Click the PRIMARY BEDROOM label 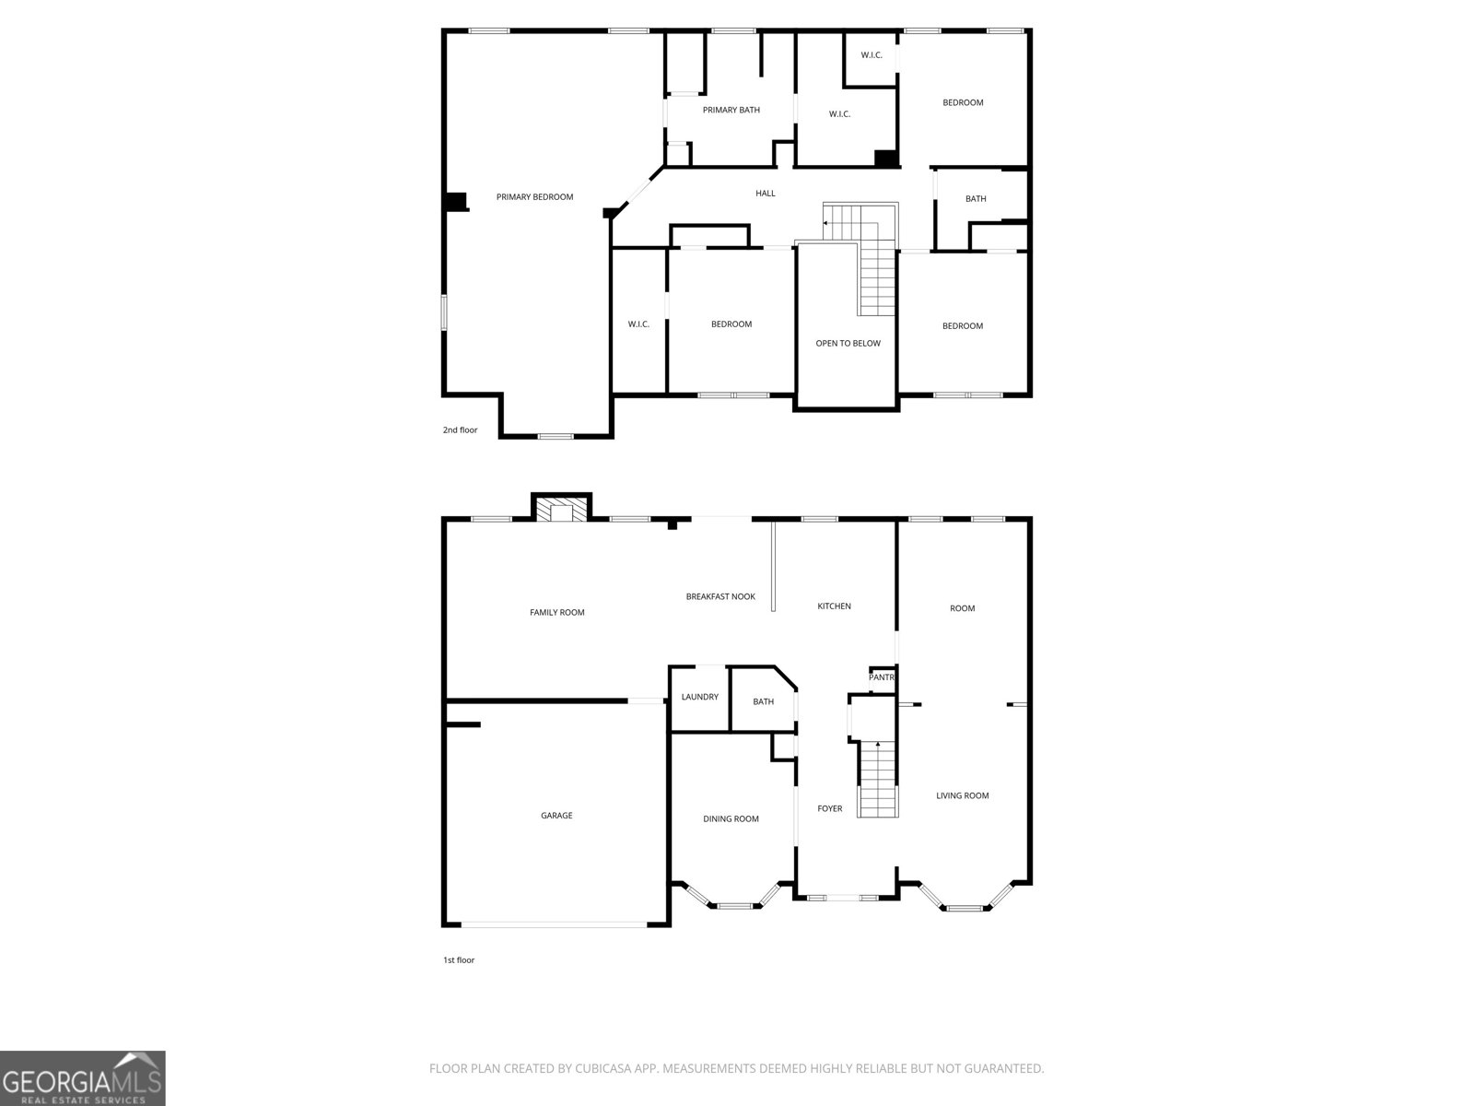534,196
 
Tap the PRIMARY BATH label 731,110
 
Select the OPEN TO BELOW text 848,343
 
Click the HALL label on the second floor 765,193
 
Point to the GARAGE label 556,815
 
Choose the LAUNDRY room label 699,697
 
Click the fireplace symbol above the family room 561,511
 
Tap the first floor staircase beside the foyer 877,779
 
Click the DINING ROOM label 731,818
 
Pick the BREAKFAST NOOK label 719,596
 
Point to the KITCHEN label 834,606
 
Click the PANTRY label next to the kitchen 882,677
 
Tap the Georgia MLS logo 82,1078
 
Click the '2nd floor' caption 460,429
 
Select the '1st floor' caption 458,959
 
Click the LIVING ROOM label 962,795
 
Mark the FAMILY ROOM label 556,612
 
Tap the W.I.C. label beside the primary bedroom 638,324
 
